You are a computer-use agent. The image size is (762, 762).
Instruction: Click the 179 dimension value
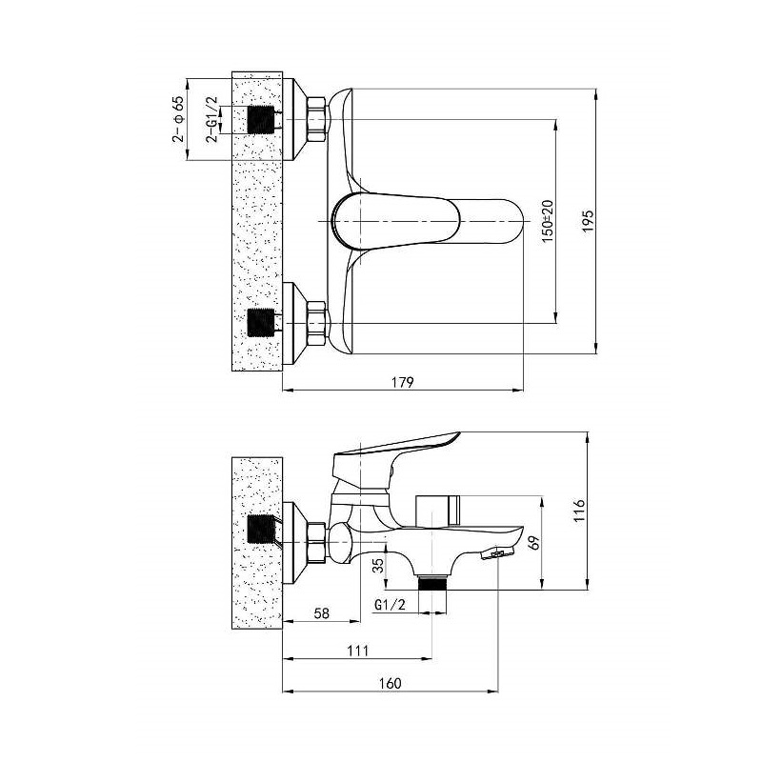[x=402, y=383]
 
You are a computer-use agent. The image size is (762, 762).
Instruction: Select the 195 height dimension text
[x=588, y=221]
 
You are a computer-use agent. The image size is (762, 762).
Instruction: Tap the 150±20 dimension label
[x=548, y=221]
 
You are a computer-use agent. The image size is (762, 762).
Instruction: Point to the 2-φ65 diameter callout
[x=178, y=119]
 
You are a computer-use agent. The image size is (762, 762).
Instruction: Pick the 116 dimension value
[x=579, y=511]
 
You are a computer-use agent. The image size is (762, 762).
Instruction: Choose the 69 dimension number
[x=534, y=543]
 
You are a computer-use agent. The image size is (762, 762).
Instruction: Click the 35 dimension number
[x=378, y=565]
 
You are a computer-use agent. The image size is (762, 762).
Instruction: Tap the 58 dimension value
[x=321, y=613]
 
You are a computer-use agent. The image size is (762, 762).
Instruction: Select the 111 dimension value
[x=358, y=651]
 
